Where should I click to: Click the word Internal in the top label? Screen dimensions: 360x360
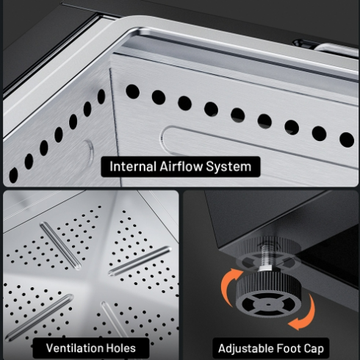[x=133, y=167]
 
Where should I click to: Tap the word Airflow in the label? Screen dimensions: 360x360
[x=181, y=167]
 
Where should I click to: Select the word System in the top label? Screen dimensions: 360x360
[x=228, y=167]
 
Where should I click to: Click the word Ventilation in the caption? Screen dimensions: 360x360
[x=72, y=348]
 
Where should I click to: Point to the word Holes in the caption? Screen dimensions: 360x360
[x=118, y=348]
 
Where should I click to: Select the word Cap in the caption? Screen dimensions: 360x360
[x=314, y=349]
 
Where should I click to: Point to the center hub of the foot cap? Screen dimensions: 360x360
[x=268, y=305]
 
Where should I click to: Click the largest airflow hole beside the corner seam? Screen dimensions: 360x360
[x=132, y=92]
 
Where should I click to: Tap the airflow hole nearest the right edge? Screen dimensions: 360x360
[x=347, y=140]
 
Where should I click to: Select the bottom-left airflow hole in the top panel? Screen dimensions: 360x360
[x=13, y=175]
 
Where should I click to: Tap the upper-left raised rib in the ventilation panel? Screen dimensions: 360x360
[x=60, y=246]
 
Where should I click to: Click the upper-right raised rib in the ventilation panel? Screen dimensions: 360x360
[x=140, y=261]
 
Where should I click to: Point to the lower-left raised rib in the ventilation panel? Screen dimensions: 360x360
[x=39, y=317]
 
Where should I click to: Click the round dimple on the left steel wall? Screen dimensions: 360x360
[x=89, y=152]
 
